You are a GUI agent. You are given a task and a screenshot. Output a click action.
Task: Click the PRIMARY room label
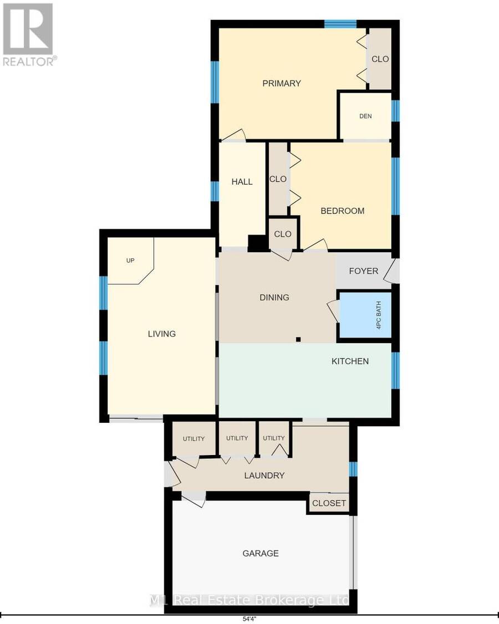282,83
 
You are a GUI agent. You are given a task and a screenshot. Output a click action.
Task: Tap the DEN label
365,116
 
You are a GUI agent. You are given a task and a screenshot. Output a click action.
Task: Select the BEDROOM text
343,211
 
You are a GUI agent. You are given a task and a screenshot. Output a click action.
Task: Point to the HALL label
242,182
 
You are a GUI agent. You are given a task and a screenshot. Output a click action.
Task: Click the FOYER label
364,271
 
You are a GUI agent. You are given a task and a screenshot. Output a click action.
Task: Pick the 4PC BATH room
365,315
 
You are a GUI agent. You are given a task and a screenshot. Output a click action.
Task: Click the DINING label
274,297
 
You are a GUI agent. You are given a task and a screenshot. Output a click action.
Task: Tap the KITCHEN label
350,361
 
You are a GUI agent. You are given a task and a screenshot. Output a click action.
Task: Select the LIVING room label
162,334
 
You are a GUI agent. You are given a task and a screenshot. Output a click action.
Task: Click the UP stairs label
130,260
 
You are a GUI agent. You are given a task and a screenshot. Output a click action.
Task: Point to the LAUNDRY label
264,475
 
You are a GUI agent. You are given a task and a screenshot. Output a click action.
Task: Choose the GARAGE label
261,553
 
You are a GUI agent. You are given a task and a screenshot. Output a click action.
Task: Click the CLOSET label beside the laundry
329,503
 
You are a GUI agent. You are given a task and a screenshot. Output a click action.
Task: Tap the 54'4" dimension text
249,619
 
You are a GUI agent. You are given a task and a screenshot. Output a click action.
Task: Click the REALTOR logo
29,34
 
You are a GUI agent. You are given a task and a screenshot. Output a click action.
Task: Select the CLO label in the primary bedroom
380,59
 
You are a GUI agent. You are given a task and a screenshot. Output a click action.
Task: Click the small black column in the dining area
298,340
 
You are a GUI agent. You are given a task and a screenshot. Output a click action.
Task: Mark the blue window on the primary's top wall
340,24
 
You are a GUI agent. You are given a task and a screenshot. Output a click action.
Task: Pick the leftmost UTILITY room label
194,438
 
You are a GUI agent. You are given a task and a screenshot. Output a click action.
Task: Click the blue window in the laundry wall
353,469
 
